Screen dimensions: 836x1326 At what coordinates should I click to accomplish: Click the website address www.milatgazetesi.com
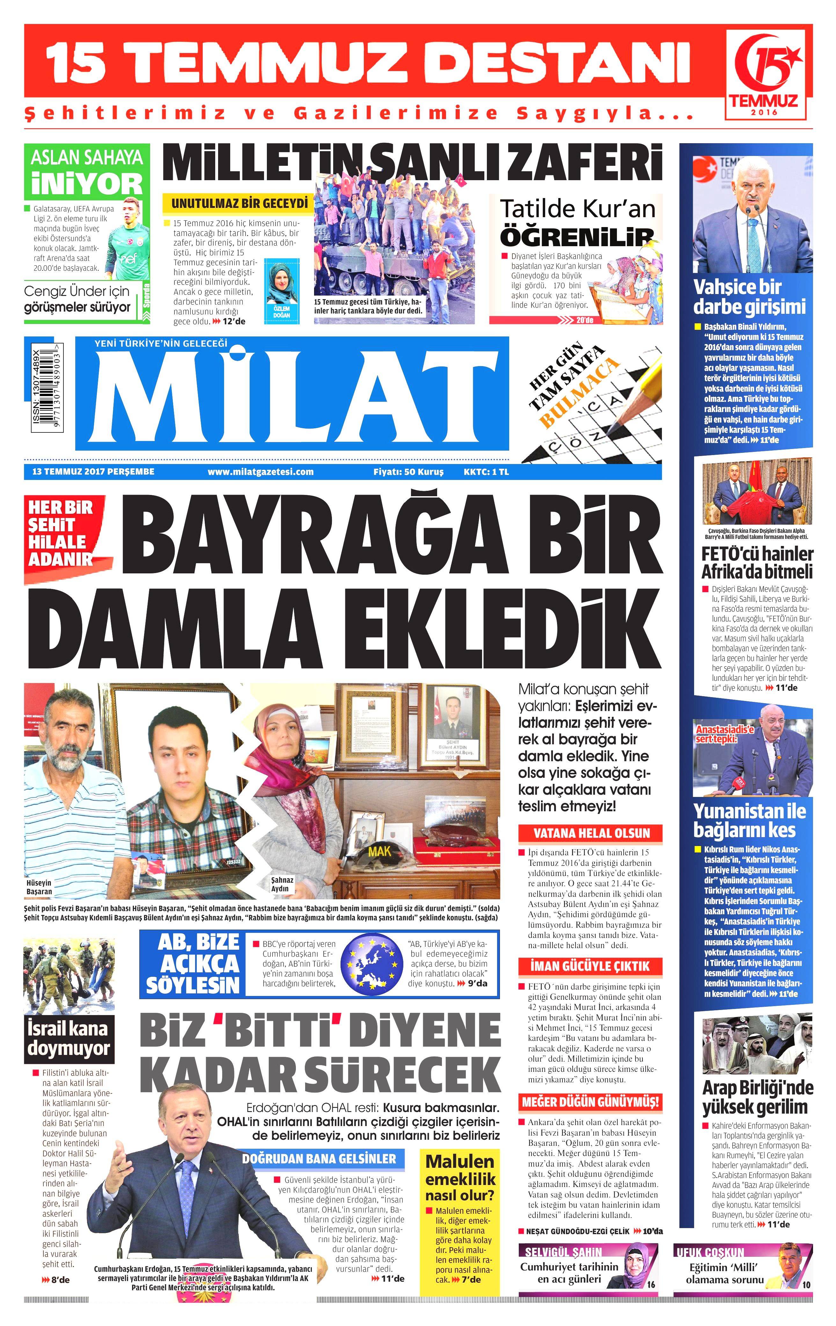click(260, 472)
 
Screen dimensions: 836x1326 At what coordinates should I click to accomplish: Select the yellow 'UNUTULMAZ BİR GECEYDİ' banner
click(238, 203)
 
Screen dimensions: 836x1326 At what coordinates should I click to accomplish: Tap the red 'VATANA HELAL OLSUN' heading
click(591, 833)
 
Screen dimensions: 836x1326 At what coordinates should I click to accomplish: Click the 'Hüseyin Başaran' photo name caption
click(39, 887)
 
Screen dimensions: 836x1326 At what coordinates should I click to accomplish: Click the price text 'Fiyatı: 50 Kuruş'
click(408, 472)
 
